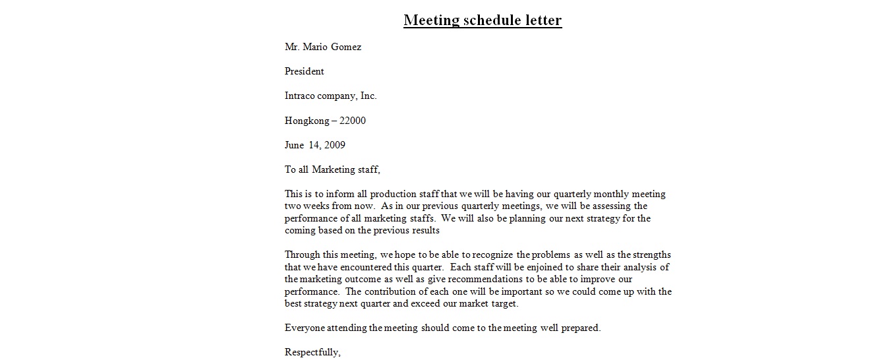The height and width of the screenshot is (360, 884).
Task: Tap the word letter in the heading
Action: coord(543,20)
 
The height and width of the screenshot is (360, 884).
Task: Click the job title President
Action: coord(305,72)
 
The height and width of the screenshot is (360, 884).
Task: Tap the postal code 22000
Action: coord(353,121)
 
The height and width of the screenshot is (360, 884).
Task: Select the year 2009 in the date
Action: coord(334,145)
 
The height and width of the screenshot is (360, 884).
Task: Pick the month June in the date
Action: coord(295,145)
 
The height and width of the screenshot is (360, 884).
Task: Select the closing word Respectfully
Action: coord(312,353)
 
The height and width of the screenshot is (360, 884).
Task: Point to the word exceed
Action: coord(454,304)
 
